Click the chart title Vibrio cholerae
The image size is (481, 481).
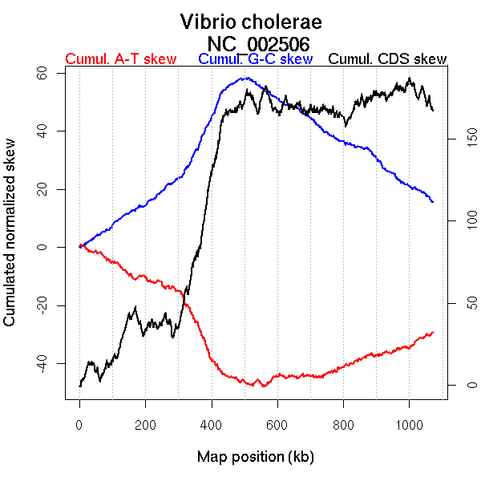(x=251, y=22)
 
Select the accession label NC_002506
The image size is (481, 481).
(x=258, y=42)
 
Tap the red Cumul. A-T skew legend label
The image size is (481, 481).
(x=120, y=59)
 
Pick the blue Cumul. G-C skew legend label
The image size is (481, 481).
(x=255, y=59)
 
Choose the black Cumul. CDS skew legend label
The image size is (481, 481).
(x=388, y=59)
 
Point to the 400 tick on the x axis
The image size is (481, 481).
(x=212, y=424)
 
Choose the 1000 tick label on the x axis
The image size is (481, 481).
(x=409, y=424)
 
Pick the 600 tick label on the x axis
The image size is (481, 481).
(x=277, y=424)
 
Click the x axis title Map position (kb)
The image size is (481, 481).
(x=255, y=457)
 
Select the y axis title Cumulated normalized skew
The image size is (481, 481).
(x=10, y=242)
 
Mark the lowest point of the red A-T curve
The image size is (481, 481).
(x=263, y=386)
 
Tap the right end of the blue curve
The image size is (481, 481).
(x=433, y=202)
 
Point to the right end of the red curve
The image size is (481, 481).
(x=433, y=332)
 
